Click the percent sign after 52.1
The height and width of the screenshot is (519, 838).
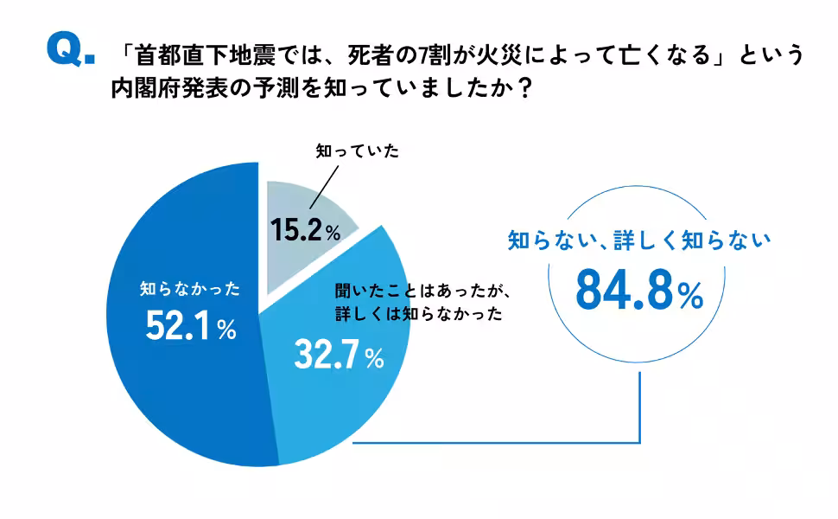tap(226, 330)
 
